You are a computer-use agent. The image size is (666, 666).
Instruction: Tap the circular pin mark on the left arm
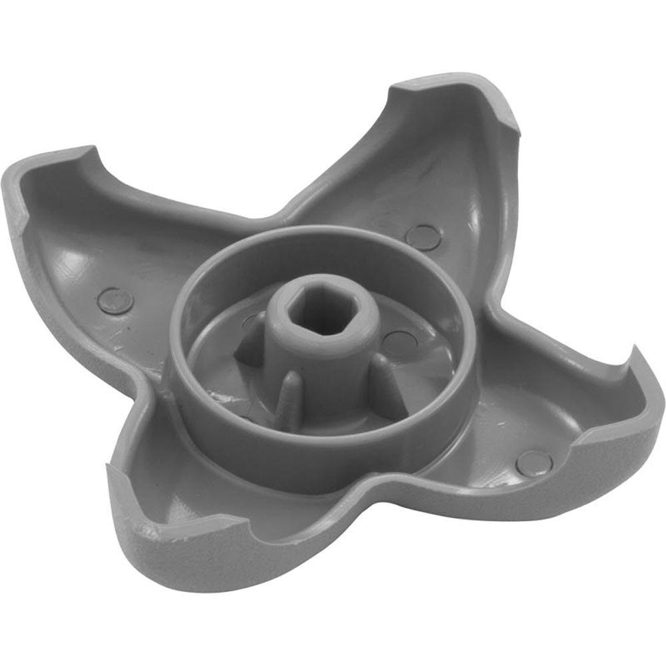[115, 300]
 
